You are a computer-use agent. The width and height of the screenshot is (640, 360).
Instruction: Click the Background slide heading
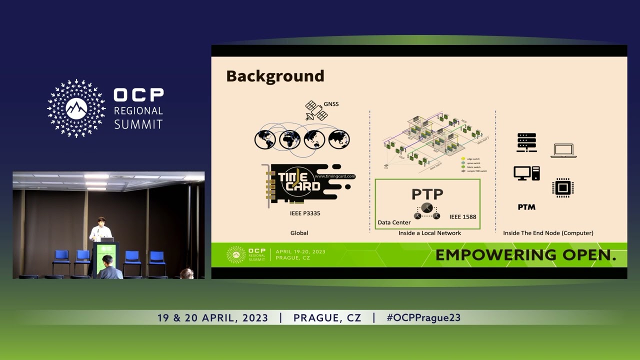(275, 76)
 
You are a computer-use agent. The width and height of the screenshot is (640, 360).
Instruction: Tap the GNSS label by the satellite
(331, 104)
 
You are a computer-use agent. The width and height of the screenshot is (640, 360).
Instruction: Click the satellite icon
(316, 111)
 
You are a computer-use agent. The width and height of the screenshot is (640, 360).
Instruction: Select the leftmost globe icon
(265, 139)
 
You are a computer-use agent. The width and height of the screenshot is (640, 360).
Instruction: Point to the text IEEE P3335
(305, 213)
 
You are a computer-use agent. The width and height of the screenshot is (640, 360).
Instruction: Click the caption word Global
(299, 233)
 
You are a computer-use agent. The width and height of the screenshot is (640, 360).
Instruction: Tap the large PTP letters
(427, 194)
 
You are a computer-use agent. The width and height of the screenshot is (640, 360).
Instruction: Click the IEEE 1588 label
(462, 216)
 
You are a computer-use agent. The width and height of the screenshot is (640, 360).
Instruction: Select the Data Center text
(394, 222)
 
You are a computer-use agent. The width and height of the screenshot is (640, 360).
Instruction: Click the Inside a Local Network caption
(429, 233)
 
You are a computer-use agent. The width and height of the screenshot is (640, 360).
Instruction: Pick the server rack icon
(526, 142)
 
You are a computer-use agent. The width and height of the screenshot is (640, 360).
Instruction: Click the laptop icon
(563, 150)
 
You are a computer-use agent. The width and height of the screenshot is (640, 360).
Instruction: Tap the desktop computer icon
(526, 173)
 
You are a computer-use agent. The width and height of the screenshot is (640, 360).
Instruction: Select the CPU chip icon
(562, 188)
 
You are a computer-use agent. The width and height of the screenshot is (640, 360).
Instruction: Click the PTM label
(526, 207)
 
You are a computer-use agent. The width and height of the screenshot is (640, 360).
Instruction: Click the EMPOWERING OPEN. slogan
(525, 255)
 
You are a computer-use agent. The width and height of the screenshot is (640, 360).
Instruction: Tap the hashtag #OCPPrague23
(423, 317)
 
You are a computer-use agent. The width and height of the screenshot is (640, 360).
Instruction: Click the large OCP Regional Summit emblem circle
(76, 108)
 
